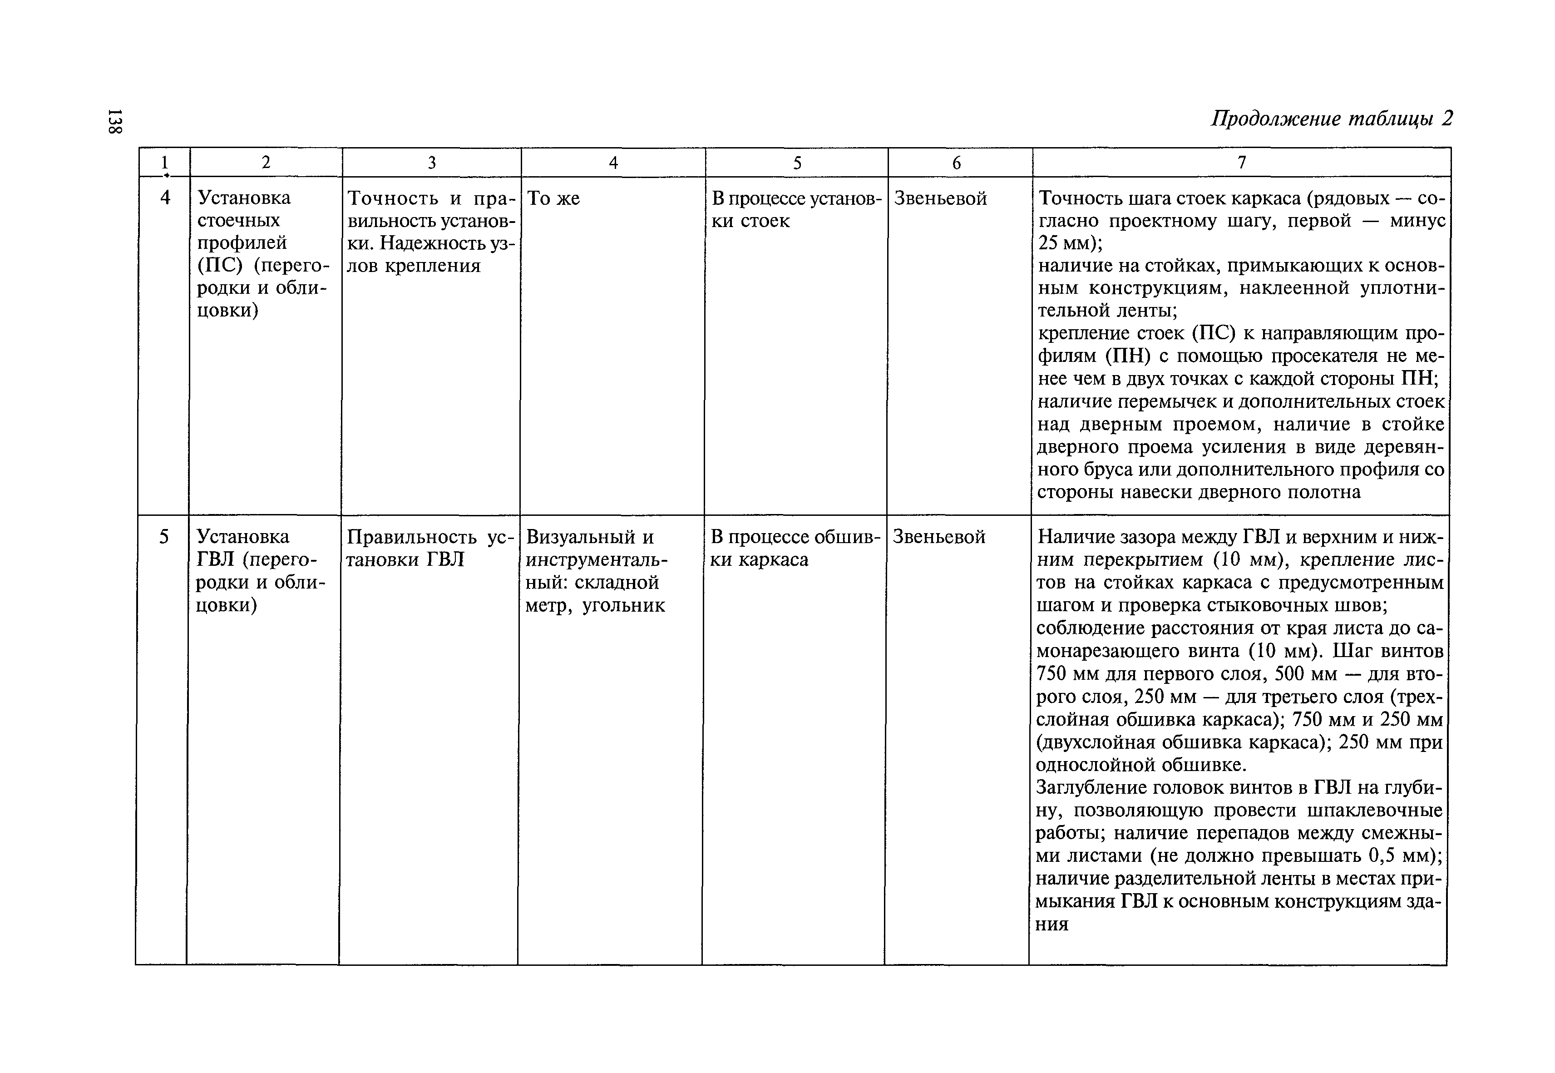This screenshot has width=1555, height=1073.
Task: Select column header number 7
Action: coord(1241,163)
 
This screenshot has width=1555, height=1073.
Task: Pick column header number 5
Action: coord(797,163)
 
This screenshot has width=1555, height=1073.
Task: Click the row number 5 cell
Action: coord(163,537)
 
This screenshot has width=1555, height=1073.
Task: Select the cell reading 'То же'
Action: coord(553,198)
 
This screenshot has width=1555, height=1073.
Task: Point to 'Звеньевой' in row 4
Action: coord(940,198)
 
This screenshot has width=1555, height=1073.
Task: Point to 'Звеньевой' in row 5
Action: coord(939,537)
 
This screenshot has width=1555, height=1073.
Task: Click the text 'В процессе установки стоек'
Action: coord(795,210)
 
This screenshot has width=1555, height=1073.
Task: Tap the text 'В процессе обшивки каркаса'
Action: coord(795,548)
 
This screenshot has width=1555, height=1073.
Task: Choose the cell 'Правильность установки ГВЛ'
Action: coord(429,548)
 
